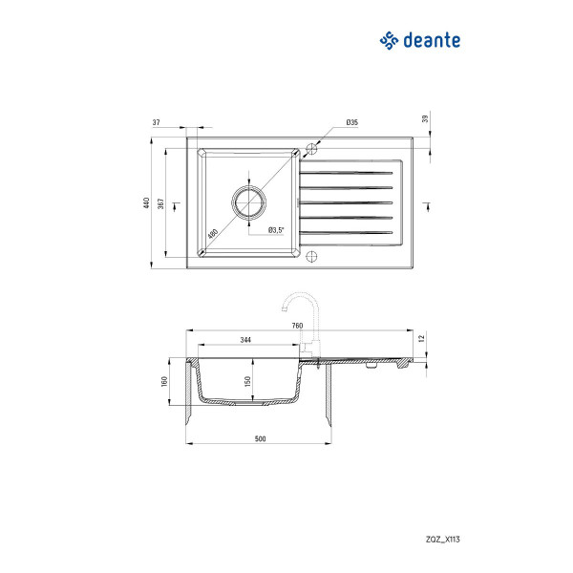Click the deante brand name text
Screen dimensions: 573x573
pyautogui.click(x=432, y=40)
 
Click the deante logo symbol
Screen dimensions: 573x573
pyautogui.click(x=389, y=40)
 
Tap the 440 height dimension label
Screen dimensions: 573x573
pyautogui.click(x=146, y=202)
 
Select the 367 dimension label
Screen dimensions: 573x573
pyautogui.click(x=160, y=203)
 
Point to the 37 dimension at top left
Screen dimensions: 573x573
pyautogui.click(x=156, y=122)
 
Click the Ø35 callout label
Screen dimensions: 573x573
pyautogui.click(x=351, y=122)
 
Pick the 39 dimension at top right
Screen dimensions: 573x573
pyautogui.click(x=425, y=118)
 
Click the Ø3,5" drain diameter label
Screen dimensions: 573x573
pyautogui.click(x=276, y=230)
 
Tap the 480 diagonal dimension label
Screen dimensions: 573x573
pyautogui.click(x=213, y=234)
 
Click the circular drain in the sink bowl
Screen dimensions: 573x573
pyautogui.click(x=249, y=202)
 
